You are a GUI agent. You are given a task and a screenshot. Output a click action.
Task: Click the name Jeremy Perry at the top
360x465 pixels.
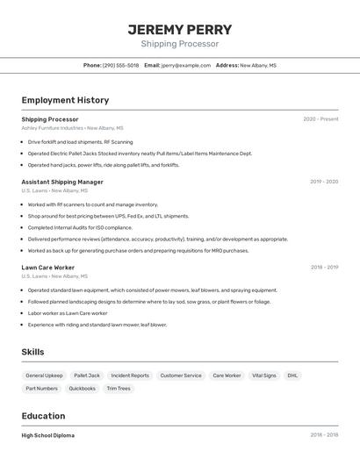click(180, 29)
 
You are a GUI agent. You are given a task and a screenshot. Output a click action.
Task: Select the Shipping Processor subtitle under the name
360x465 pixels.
click(180, 44)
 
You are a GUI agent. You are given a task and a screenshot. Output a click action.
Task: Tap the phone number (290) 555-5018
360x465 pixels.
click(120, 65)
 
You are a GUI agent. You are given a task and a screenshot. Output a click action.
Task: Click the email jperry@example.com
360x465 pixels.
click(185, 65)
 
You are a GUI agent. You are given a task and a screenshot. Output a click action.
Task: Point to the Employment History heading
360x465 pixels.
click(65, 100)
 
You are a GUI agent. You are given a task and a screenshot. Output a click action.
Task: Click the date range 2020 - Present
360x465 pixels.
click(320, 119)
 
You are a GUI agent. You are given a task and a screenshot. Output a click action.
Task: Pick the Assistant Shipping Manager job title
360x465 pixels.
click(62, 182)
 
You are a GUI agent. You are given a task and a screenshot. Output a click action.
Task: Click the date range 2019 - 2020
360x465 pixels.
click(324, 182)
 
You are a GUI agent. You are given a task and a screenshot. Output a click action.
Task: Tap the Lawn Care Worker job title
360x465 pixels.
click(47, 268)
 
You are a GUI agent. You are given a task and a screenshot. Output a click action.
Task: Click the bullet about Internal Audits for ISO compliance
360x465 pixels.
click(80, 227)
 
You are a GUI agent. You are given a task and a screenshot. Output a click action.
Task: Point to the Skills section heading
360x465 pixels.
click(33, 352)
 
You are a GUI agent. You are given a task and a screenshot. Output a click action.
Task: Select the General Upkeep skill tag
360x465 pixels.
click(44, 376)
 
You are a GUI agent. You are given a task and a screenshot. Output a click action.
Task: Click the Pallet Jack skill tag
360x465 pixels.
click(87, 376)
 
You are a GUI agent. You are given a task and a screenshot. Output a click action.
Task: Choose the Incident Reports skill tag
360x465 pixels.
click(130, 376)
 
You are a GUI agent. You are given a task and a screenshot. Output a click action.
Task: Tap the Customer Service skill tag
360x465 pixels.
click(181, 376)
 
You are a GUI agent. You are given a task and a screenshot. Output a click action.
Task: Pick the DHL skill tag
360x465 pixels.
click(292, 376)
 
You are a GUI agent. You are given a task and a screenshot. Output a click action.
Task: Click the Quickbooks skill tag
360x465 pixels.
click(83, 388)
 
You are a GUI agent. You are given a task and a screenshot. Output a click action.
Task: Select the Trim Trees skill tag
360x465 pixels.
click(119, 388)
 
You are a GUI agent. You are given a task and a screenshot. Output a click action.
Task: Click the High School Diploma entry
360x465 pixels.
click(48, 435)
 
